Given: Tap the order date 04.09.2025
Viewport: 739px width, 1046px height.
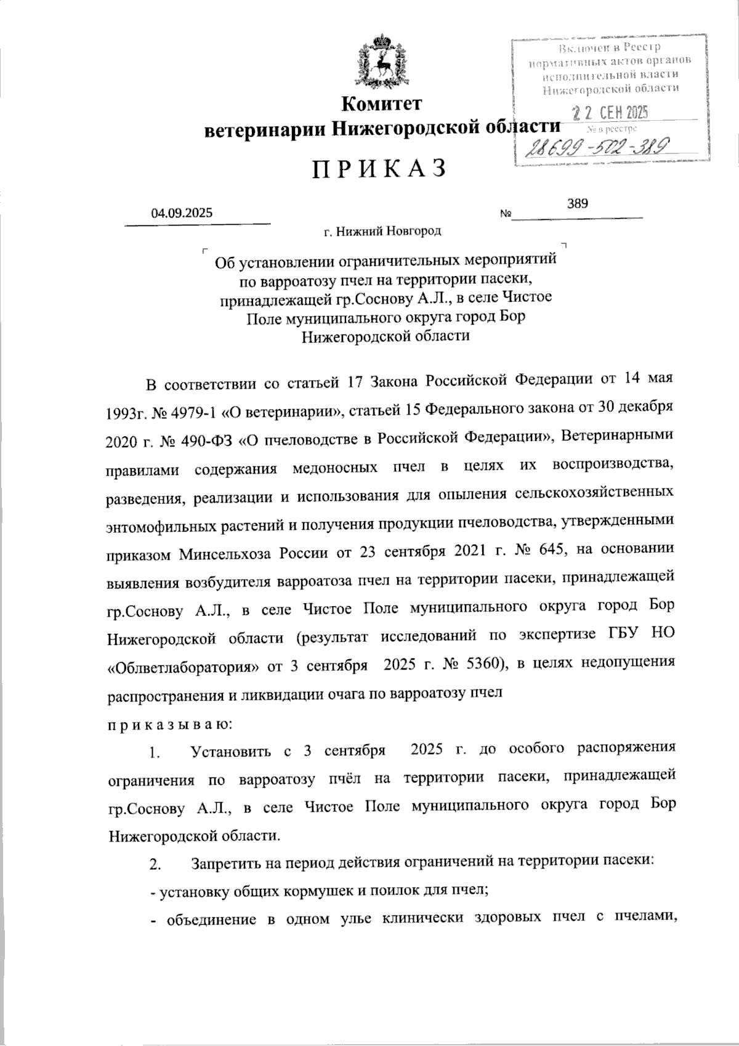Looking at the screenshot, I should pyautogui.click(x=182, y=214).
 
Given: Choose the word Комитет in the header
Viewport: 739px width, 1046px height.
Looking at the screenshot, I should pyautogui.click(x=382, y=103).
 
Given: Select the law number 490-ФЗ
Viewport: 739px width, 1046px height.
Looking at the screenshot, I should pyautogui.click(x=204, y=440).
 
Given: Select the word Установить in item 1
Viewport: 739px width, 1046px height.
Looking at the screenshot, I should pyautogui.click(x=231, y=752).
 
